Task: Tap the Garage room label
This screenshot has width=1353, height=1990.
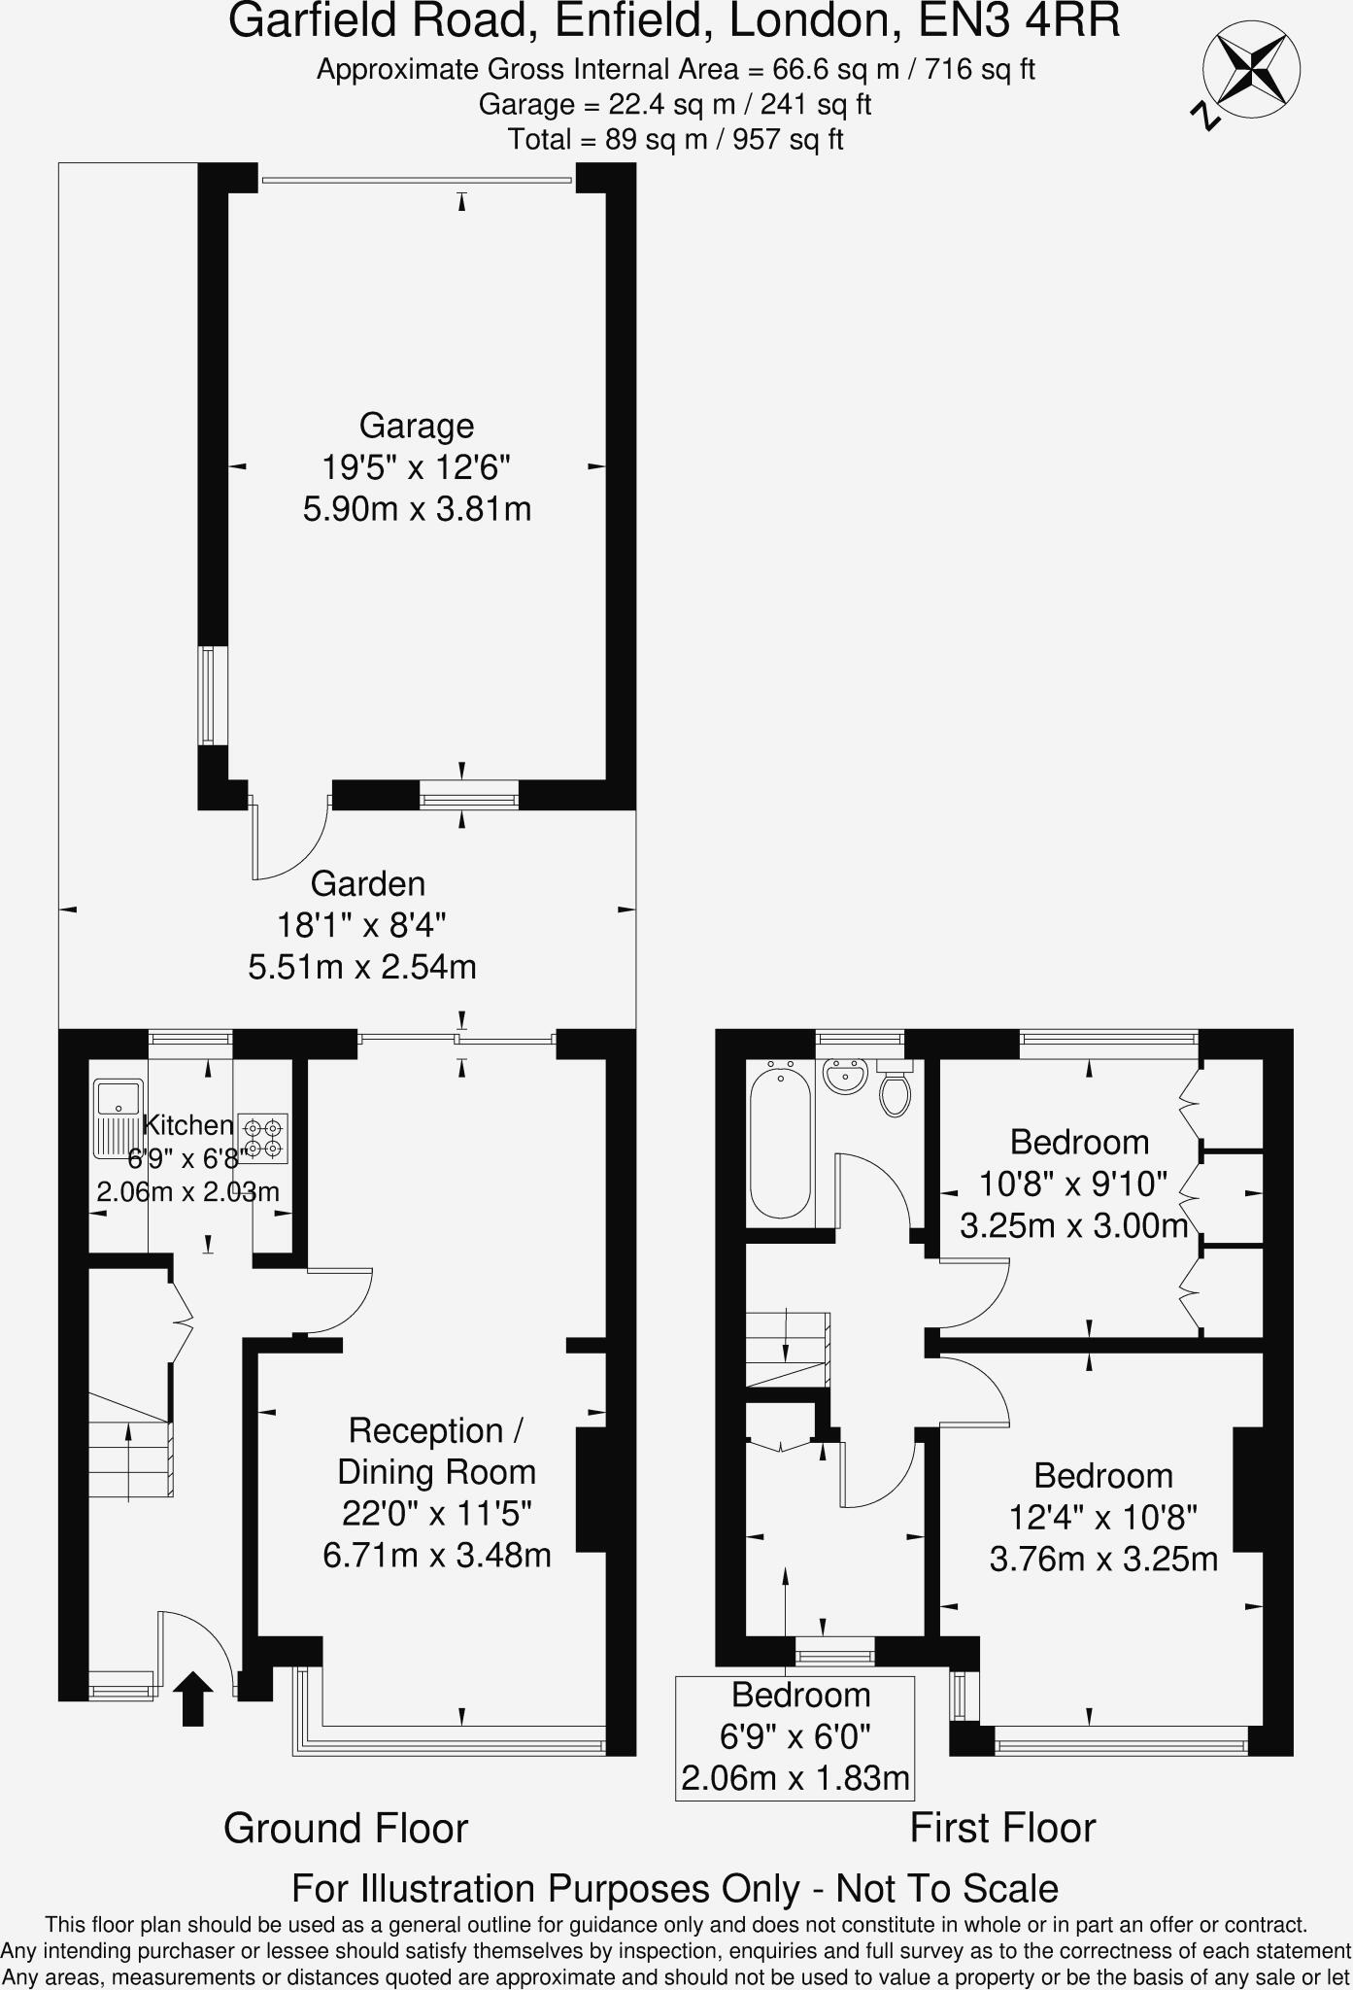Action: tap(417, 426)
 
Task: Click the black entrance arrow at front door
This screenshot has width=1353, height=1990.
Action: tap(193, 1698)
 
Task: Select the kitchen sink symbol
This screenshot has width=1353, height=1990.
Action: tap(118, 1118)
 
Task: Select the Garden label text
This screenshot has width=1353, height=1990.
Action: tap(368, 884)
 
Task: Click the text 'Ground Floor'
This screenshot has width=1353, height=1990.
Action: tap(346, 1828)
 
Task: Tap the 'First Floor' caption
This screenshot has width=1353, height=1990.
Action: tap(1002, 1828)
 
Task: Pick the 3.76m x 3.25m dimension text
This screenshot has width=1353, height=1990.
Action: tap(1103, 1560)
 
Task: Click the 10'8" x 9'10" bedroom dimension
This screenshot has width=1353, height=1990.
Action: tap(1073, 1184)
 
